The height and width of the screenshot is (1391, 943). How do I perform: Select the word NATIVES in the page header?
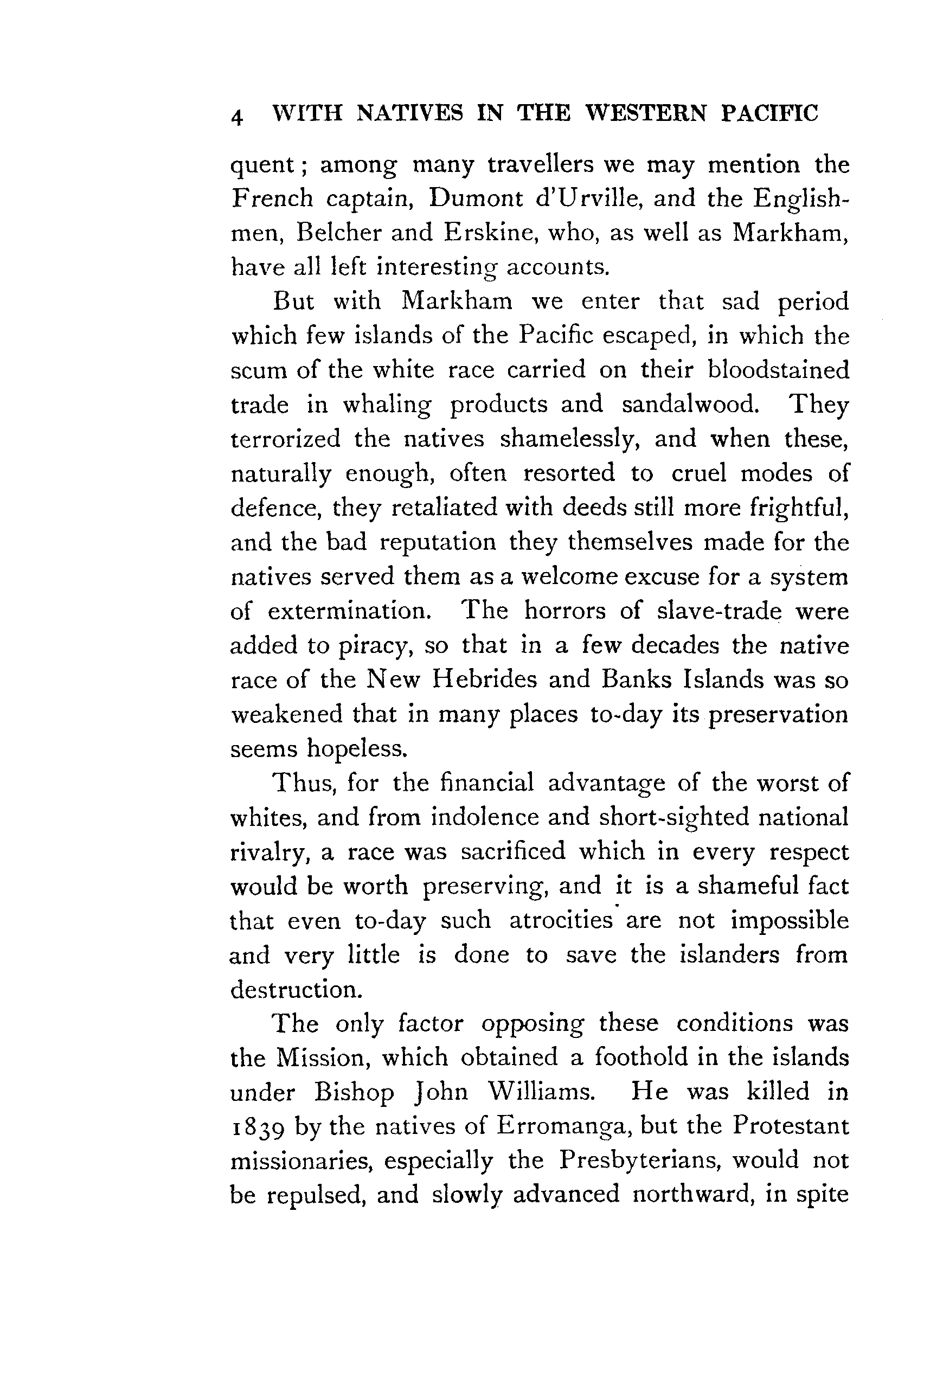coord(409,112)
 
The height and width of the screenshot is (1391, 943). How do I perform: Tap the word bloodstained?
coord(778,370)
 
